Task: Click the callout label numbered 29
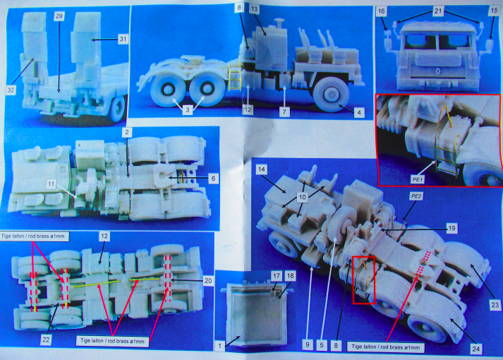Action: pos(59,16)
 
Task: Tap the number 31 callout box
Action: pos(123,39)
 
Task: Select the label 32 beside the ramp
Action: pos(11,90)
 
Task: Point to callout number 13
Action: pos(254,9)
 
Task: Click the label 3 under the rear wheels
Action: pos(188,109)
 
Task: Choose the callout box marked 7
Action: pos(284,112)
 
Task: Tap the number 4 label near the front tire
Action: pos(359,113)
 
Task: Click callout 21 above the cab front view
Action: pos(438,11)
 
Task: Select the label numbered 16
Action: pos(381,11)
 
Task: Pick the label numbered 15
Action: pos(494,11)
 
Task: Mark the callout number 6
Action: pos(213,179)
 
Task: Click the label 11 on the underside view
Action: pos(51,184)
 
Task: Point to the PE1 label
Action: pos(417,180)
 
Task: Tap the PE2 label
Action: pos(416,196)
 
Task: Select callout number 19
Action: pos(452,229)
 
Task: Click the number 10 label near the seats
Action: pos(302,197)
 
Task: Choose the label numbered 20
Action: pos(208,281)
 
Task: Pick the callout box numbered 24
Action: pos(476,349)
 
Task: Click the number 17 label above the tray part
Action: pos(277,275)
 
